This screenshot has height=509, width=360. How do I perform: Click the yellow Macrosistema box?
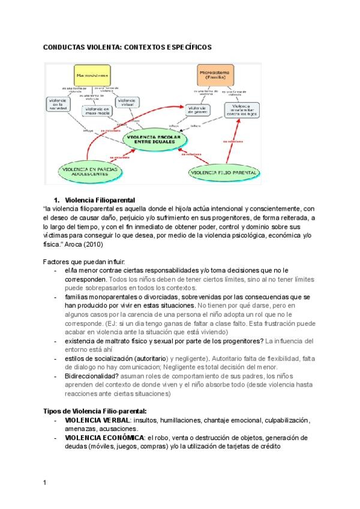[92, 76]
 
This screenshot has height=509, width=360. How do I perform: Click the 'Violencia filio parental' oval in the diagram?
[224, 173]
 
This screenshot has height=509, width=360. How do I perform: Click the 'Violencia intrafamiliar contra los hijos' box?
[242, 109]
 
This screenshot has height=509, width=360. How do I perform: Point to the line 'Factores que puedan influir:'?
[84, 262]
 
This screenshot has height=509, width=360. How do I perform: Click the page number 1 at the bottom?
[44, 482]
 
